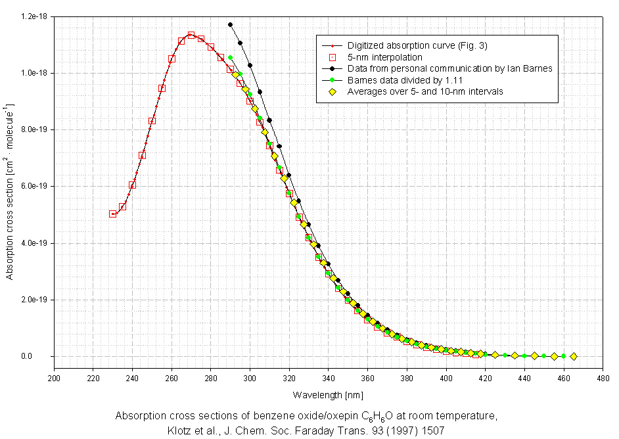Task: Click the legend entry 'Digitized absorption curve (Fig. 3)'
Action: (x=417, y=45)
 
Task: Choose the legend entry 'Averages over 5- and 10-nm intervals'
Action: (x=425, y=91)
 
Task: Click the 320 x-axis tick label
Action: (x=289, y=378)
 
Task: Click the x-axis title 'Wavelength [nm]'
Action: (x=328, y=394)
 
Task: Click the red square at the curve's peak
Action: (x=191, y=35)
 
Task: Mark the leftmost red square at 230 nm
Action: (x=113, y=214)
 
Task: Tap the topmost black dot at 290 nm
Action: (x=230, y=25)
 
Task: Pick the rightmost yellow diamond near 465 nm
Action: (x=574, y=356)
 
